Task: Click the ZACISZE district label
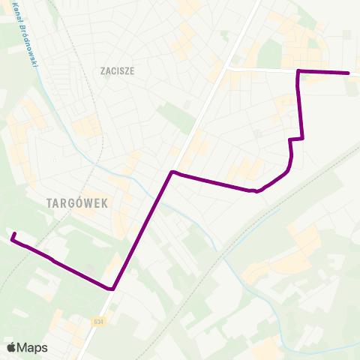click(x=116, y=71)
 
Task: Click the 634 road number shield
click(x=99, y=322)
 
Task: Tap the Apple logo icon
click(x=11, y=347)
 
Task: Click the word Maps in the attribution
click(x=33, y=347)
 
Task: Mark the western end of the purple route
click(x=13, y=236)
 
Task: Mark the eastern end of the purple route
click(x=349, y=73)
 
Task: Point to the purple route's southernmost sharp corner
click(x=112, y=288)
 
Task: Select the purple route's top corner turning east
click(x=299, y=70)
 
